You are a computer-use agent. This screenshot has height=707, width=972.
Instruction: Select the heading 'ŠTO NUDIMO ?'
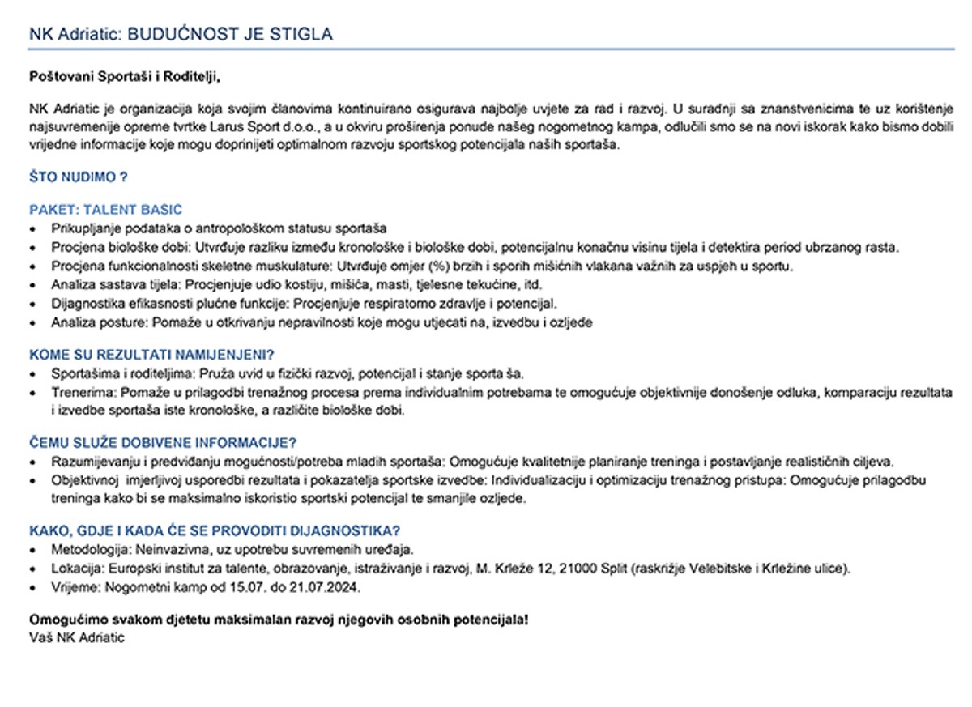tap(79, 177)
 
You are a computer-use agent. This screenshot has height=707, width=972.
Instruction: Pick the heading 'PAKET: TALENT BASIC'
tap(106, 210)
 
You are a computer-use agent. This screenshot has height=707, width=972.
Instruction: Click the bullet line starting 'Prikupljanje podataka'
tap(219, 228)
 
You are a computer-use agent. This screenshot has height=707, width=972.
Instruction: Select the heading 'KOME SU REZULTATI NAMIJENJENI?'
tap(151, 355)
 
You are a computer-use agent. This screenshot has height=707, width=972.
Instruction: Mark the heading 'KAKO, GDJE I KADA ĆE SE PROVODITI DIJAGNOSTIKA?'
tap(215, 531)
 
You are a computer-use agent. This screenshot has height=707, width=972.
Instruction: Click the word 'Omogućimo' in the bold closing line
tap(64, 620)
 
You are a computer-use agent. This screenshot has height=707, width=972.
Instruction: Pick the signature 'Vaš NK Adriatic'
tap(77, 637)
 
